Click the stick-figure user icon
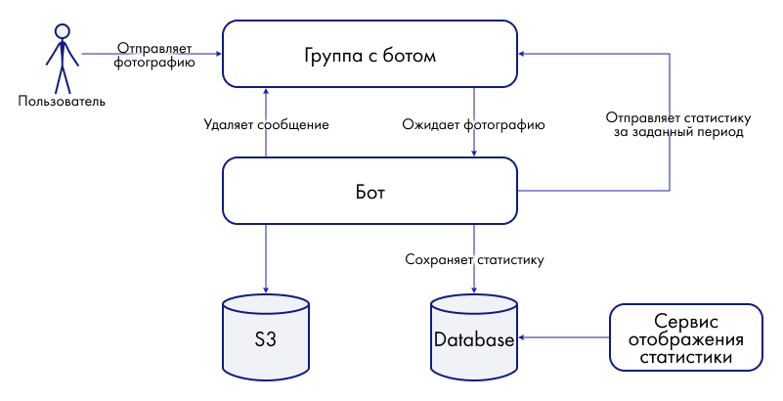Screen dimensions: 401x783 point(62,58)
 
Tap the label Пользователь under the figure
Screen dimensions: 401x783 point(62,101)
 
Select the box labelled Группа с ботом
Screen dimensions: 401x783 point(370,55)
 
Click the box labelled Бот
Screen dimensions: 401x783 point(370,191)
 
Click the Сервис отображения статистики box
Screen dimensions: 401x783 point(685,338)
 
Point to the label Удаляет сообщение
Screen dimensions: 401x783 point(266,125)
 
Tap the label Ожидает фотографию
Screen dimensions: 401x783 point(474,125)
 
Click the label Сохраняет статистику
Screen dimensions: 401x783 point(474,261)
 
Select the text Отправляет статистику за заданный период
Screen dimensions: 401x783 point(677,124)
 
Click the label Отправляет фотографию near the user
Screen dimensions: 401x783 point(155,54)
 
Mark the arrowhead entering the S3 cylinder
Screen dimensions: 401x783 point(266,288)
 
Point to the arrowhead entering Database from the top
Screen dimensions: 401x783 point(474,288)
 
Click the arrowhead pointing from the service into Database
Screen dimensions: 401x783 point(522,338)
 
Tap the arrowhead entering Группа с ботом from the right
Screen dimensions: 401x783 point(522,55)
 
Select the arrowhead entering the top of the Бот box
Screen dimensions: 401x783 point(474,154)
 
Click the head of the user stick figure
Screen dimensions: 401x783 point(62,30)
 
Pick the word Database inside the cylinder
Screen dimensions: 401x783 point(474,340)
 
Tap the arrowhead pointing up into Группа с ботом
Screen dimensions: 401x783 point(266,89)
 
